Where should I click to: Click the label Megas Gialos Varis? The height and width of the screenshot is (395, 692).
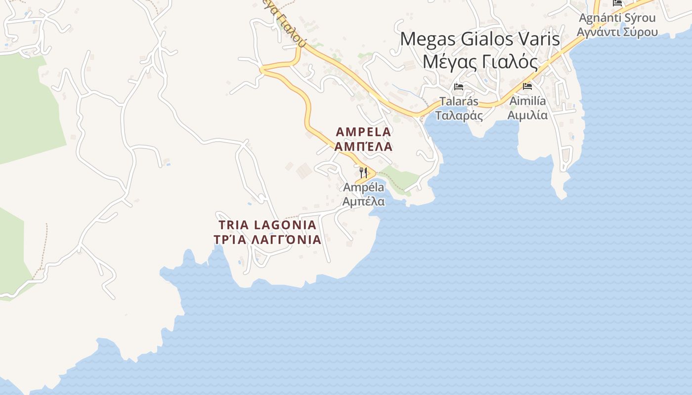click(479, 39)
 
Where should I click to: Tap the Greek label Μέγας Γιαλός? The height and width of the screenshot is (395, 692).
click(479, 62)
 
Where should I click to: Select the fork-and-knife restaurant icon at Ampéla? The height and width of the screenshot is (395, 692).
click(363, 172)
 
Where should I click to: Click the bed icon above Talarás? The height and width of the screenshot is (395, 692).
click(459, 87)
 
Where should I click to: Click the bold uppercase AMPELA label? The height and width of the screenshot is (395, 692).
click(363, 132)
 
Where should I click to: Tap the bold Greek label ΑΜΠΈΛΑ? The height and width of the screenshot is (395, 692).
click(363, 147)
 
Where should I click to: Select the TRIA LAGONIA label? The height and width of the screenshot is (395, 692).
click(267, 225)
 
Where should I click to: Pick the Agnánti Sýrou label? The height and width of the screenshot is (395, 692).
click(617, 18)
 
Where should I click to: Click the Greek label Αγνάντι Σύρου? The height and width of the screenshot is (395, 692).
click(617, 32)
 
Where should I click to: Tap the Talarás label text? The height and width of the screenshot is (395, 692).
click(459, 101)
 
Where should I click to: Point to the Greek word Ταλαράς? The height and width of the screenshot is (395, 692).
click(459, 116)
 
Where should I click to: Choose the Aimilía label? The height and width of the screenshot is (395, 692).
click(528, 101)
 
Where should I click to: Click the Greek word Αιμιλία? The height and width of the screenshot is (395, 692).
click(528, 116)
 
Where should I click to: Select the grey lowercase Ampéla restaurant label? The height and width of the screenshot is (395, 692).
click(363, 188)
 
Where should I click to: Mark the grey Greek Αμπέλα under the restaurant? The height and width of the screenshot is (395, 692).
click(363, 201)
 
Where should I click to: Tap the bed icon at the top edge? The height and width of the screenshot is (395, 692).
click(617, 2)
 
